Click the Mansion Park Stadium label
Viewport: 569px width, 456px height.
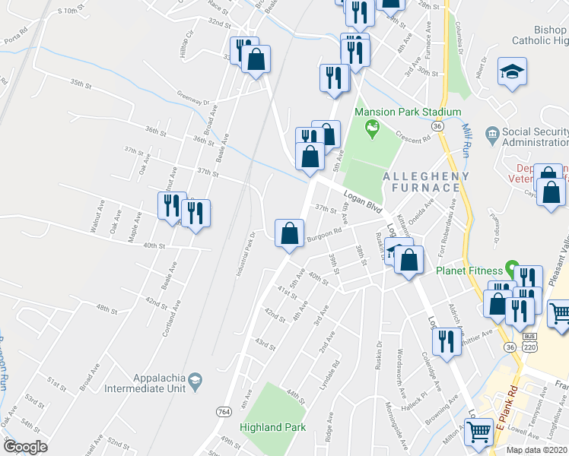pyautogui.click(x=408, y=112)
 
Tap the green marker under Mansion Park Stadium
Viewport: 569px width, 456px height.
pyautogui.click(x=372, y=130)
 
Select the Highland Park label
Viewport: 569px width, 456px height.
pyautogui.click(x=272, y=427)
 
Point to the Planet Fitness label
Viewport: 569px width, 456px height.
pyautogui.click(x=469, y=271)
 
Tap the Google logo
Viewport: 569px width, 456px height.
pyautogui.click(x=25, y=447)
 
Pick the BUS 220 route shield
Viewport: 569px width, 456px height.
pyautogui.click(x=530, y=340)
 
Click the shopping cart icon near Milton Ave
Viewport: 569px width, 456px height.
pyautogui.click(x=478, y=432)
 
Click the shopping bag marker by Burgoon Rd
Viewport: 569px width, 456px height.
pyautogui.click(x=289, y=233)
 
